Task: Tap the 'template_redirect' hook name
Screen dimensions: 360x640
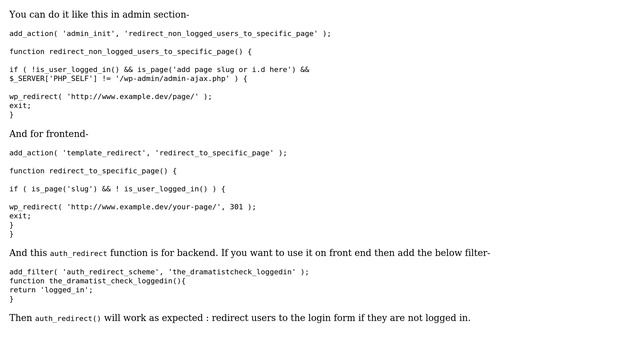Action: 103,153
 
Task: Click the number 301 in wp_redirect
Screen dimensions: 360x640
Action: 236,207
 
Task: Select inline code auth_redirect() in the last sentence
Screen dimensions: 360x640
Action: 68,319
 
